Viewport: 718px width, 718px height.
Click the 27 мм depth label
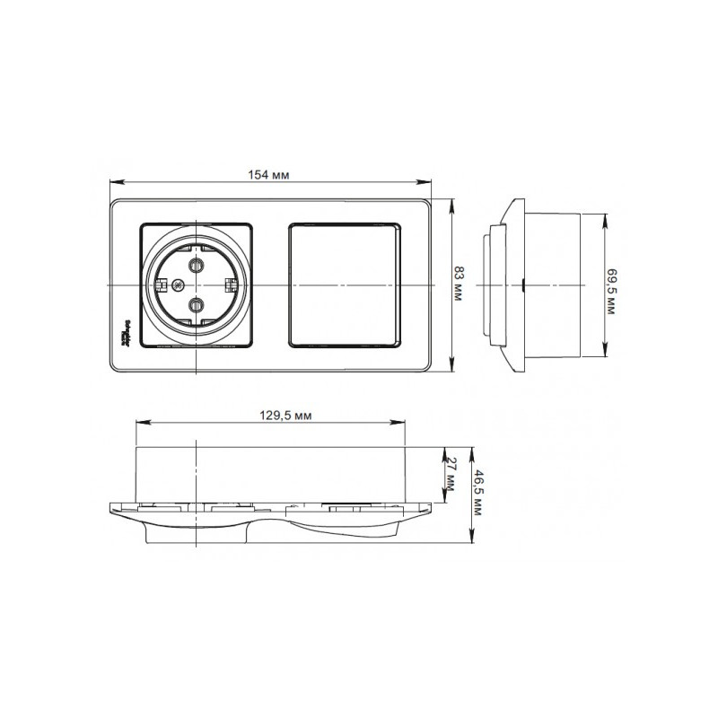(451, 474)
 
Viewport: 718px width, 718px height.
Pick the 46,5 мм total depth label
(480, 495)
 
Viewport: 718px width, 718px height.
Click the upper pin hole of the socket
(196, 264)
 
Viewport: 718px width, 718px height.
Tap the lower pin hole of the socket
(196, 306)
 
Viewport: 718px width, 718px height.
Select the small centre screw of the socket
(178, 285)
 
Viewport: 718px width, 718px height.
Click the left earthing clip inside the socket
(161, 285)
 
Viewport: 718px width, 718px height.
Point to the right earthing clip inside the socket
(231, 285)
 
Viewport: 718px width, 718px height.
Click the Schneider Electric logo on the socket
(126, 331)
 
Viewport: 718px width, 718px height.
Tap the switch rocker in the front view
(345, 285)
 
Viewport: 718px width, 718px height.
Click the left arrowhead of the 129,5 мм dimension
(137, 423)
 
